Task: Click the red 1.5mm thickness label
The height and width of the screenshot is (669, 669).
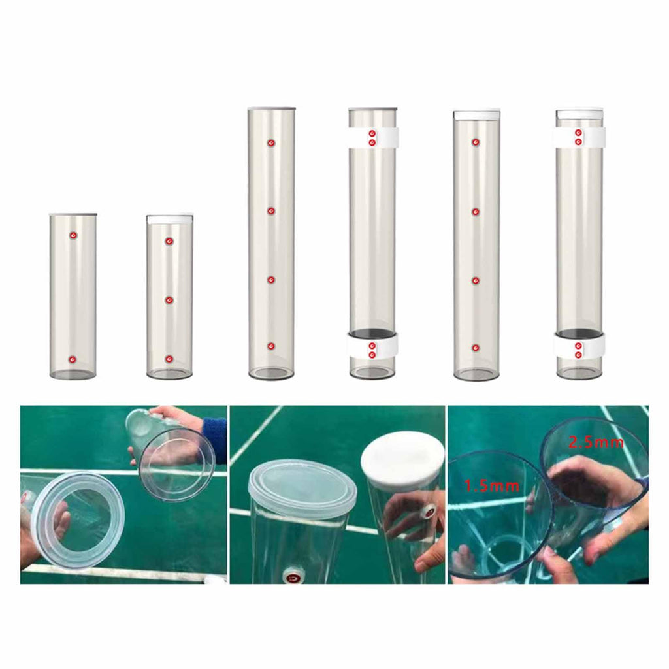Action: [x=491, y=485]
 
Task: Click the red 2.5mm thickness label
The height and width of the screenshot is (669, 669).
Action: [x=596, y=442]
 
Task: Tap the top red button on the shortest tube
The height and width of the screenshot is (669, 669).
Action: [x=73, y=235]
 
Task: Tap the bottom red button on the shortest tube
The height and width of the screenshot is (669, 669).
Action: [x=73, y=359]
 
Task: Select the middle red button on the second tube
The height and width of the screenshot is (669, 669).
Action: [x=169, y=301]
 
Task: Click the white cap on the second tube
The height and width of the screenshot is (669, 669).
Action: [x=169, y=220]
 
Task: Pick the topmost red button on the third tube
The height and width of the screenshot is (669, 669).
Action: [x=271, y=143]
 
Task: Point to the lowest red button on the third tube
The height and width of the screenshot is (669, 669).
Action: [x=271, y=346]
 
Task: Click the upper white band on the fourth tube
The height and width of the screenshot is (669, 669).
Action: [x=373, y=137]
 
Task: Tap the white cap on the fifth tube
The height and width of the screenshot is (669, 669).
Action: [x=476, y=115]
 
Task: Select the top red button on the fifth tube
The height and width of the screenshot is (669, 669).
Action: [x=476, y=142]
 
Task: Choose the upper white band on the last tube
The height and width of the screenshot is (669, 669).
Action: [x=580, y=137]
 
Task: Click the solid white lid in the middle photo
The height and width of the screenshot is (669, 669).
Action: [x=402, y=460]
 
